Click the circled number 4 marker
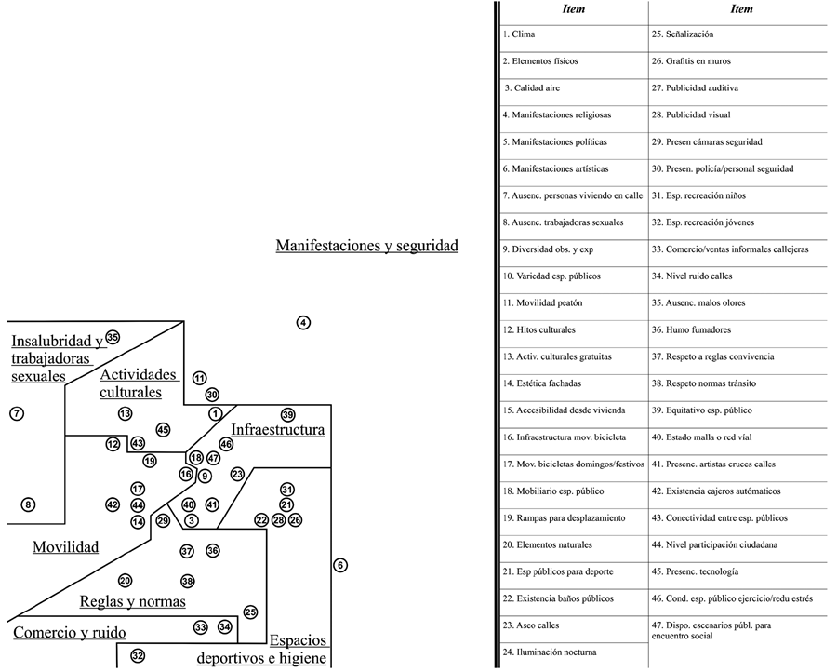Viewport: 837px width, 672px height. (x=303, y=323)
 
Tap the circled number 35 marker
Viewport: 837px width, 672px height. (x=113, y=337)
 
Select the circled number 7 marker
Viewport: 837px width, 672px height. (x=16, y=413)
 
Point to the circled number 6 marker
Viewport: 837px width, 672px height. (x=340, y=565)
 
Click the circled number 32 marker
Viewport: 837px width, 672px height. (x=138, y=655)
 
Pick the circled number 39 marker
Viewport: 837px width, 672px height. (x=287, y=414)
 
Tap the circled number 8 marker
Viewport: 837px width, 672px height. (x=29, y=504)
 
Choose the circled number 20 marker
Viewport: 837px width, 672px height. (x=126, y=581)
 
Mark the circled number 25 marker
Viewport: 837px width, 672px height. (x=250, y=612)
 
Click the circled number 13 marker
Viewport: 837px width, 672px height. (x=126, y=413)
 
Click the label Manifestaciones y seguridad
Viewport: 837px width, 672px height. (x=366, y=246)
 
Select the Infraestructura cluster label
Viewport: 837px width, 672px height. (x=277, y=430)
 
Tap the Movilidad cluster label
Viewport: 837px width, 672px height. (x=65, y=546)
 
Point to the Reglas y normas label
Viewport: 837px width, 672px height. (x=132, y=601)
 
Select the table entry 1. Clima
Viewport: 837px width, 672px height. (x=518, y=34)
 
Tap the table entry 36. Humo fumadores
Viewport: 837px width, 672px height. (x=691, y=329)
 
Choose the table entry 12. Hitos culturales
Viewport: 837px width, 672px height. (x=538, y=329)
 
